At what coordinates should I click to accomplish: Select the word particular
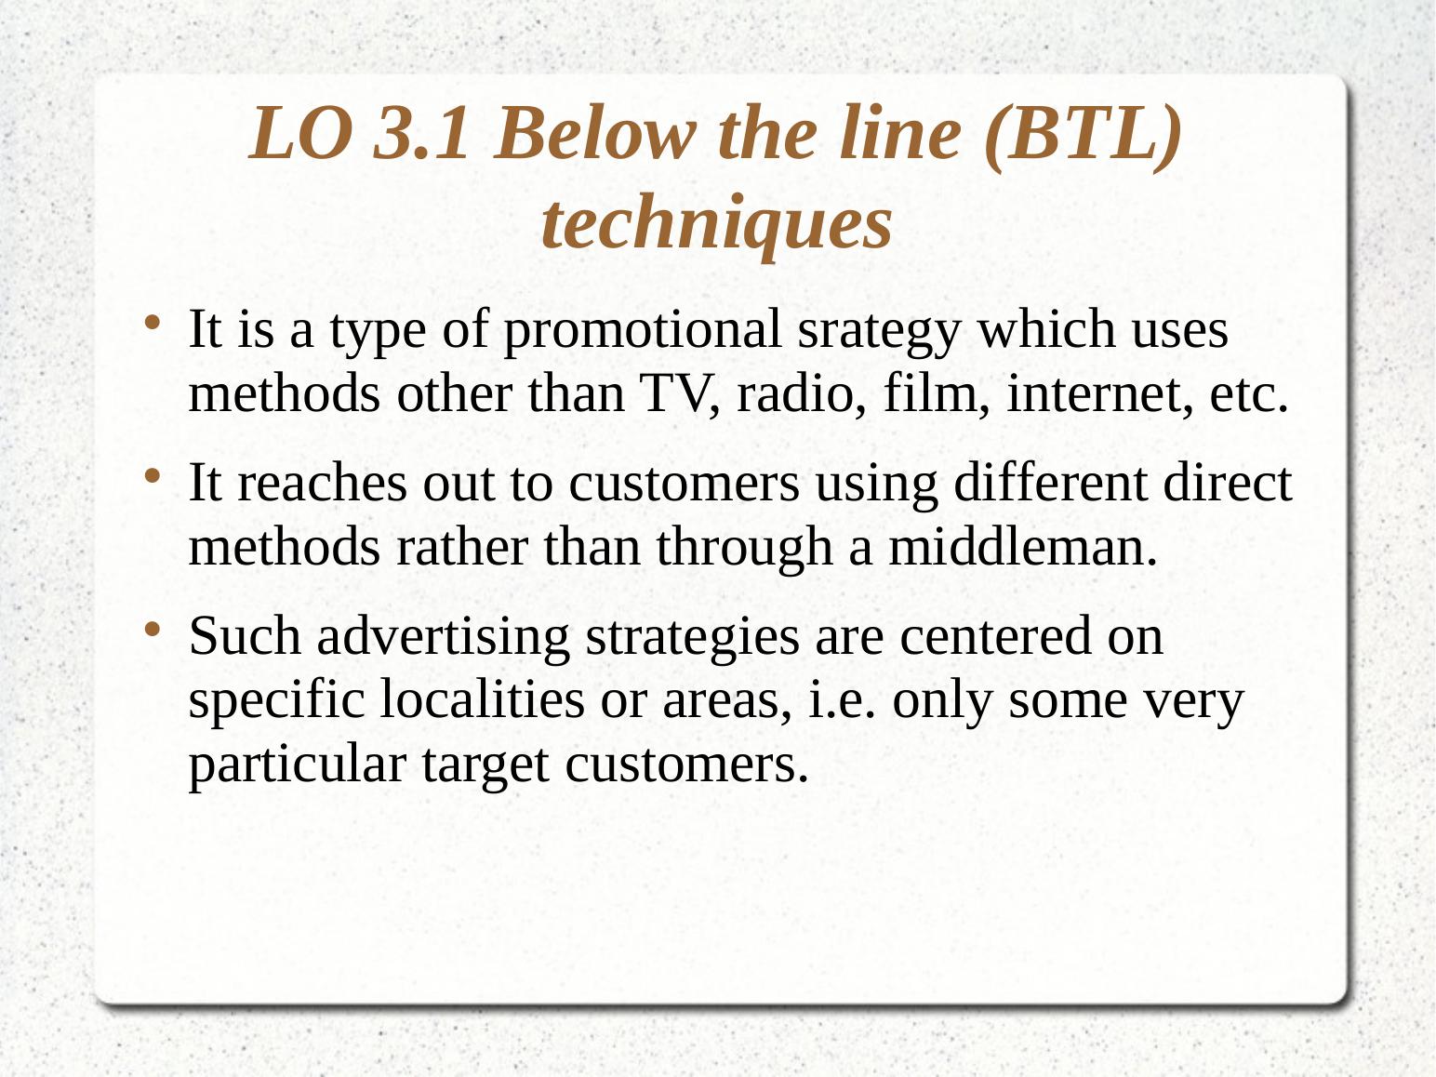(x=297, y=765)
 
